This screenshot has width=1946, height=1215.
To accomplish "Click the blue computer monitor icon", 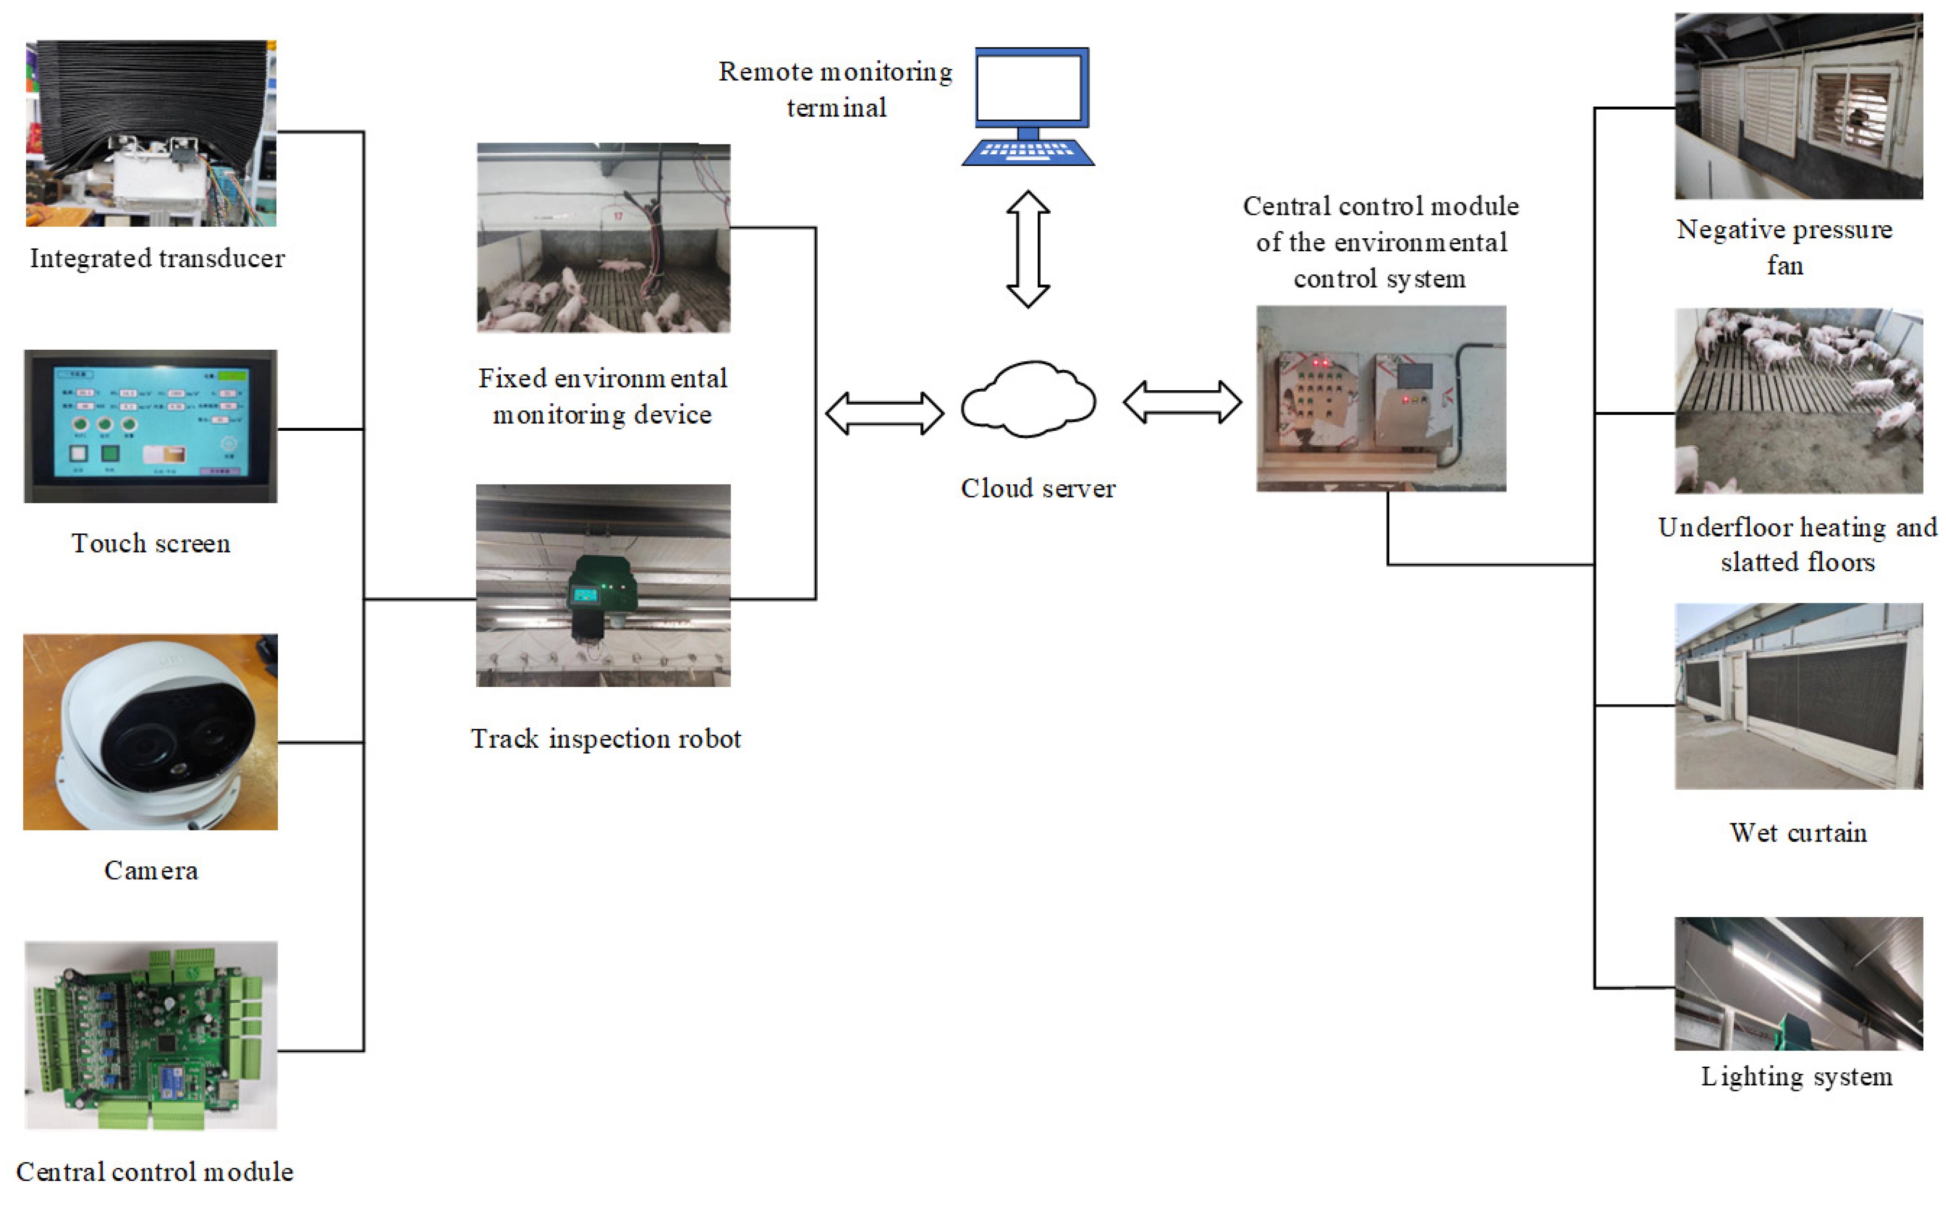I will click(1031, 90).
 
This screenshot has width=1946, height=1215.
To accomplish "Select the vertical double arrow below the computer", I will click(1028, 249).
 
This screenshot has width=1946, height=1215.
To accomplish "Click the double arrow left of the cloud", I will click(884, 413).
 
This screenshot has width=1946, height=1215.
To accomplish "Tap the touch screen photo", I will click(151, 426).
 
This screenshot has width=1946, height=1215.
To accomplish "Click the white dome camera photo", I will click(151, 732).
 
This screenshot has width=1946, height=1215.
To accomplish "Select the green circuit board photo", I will click(151, 1035).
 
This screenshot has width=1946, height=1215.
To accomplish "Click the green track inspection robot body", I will click(603, 594).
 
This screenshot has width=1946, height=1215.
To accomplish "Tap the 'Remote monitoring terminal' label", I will click(835, 89).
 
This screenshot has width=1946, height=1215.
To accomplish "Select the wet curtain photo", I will click(1798, 696).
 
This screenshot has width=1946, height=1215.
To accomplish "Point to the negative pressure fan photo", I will click(1798, 106).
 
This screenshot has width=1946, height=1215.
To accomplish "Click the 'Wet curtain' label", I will click(1798, 833).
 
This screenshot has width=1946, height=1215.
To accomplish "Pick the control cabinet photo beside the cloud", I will click(1380, 399).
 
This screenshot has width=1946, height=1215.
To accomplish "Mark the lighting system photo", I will click(1798, 984).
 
